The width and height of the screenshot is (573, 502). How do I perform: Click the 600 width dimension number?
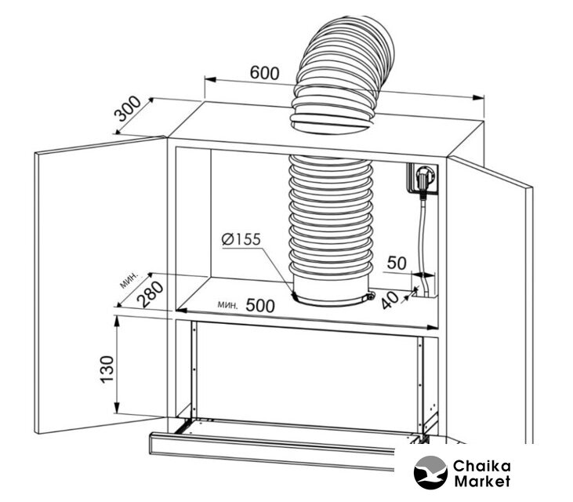(x=264, y=73)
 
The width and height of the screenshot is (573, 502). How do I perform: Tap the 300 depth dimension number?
(x=128, y=108)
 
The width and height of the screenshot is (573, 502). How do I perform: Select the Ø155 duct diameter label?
(x=241, y=239)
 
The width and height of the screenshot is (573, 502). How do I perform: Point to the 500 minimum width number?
(x=259, y=305)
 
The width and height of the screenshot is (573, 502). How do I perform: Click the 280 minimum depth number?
(x=150, y=294)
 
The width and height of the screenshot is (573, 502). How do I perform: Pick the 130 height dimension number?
(x=107, y=369)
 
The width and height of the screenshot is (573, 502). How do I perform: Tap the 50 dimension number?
(x=397, y=263)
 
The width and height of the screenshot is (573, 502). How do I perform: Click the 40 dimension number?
(x=390, y=299)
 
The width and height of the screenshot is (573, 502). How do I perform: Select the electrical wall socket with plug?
(x=422, y=178)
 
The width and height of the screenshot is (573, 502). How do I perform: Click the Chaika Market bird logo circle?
(x=430, y=472)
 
